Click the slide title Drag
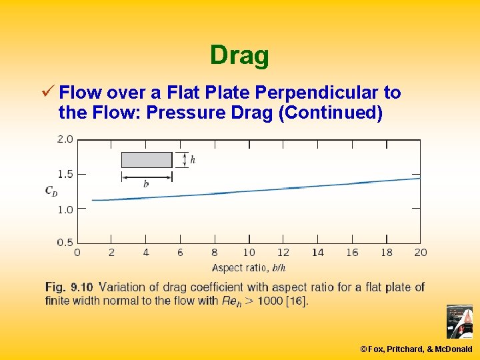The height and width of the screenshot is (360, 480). tap(239, 55)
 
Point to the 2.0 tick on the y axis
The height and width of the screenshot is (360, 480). tap(65, 139)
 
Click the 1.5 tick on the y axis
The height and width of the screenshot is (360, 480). tap(65, 174)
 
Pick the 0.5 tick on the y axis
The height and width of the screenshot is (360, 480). tap(65, 242)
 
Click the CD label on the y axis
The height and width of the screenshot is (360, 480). tap(51, 191)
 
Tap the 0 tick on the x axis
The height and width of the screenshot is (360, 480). tap(77, 253)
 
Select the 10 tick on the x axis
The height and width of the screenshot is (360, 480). tap(249, 253)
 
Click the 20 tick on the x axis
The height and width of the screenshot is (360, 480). tap(420, 253)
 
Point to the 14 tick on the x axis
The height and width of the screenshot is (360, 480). tap(317, 253)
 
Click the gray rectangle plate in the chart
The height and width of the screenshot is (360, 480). tap(147, 160)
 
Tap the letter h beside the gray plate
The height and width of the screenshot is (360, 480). tap(193, 160)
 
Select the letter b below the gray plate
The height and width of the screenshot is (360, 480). tap(146, 184)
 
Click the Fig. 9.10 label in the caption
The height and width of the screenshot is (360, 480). tap(69, 287)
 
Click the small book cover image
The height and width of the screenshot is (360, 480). tap(459, 322)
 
